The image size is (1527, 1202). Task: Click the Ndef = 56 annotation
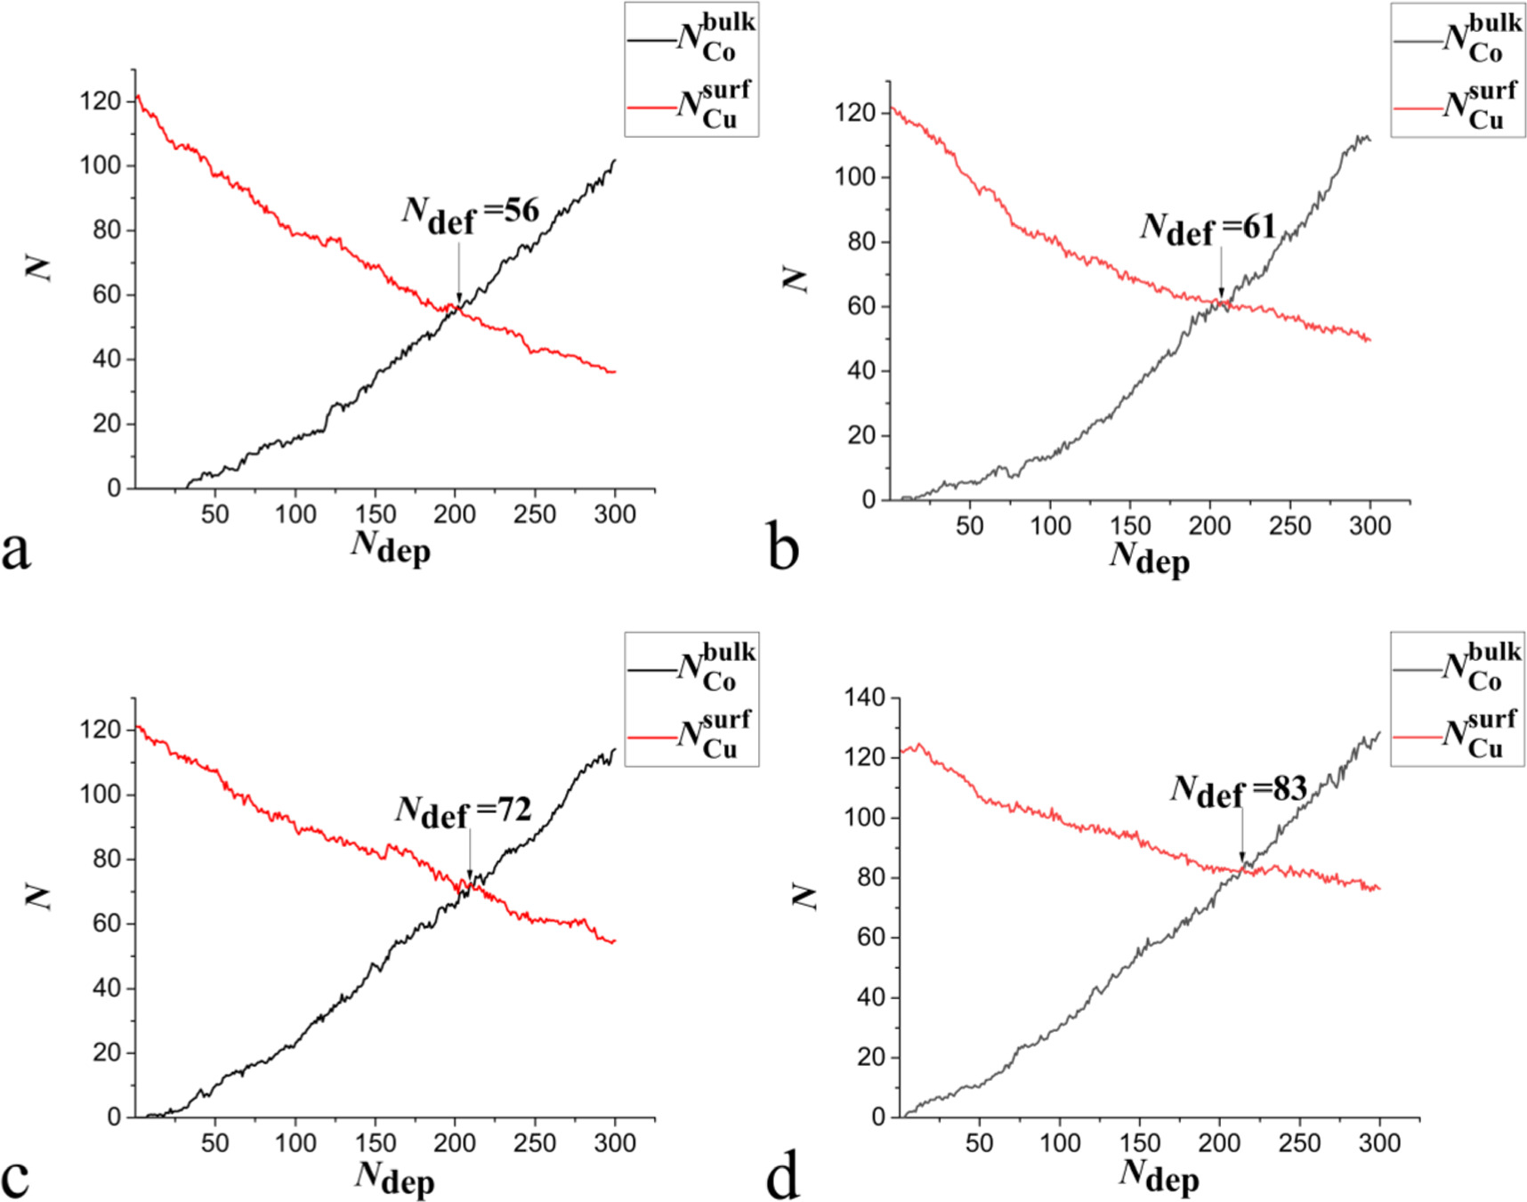coord(471,213)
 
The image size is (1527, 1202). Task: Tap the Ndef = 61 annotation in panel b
coord(1208,228)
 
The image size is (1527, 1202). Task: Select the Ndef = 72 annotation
coord(464,811)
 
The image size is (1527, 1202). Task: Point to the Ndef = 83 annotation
coord(1238,789)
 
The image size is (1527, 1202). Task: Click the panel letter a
coord(16,549)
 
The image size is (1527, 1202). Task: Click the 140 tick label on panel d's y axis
coord(865,698)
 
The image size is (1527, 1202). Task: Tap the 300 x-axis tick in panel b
coord(1369,526)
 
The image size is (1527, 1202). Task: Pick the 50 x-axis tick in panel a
coord(214,514)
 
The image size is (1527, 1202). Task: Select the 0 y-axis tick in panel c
coord(114,1117)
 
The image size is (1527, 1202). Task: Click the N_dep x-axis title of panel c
coord(394,1176)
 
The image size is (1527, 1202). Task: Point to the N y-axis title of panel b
coord(795,278)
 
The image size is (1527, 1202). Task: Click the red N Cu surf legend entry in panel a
coord(691,105)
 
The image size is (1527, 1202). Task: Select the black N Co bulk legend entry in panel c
coord(691,667)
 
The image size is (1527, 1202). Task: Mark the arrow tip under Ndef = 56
coord(459,302)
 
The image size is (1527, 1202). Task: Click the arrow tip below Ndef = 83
coord(1242,861)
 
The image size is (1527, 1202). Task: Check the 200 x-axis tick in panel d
coord(1219,1143)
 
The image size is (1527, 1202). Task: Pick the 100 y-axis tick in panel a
coord(100,165)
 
